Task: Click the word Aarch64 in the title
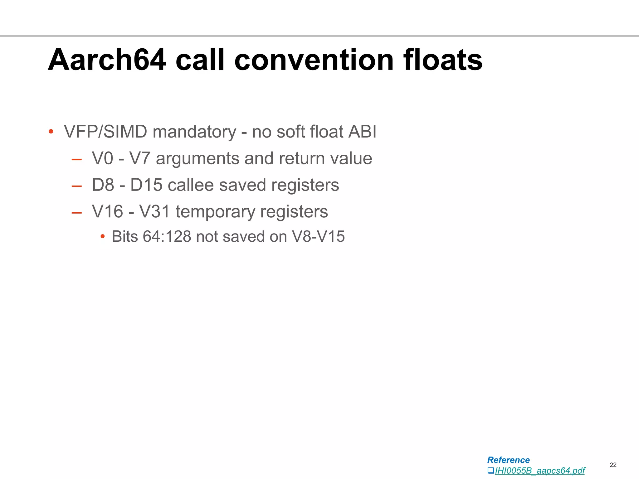107,60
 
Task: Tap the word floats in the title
443,60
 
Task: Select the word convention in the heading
314,60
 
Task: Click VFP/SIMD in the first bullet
105,132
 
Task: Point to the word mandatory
194,132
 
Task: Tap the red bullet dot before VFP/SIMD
51,132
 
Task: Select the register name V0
102,158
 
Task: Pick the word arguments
198,158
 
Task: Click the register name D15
146,185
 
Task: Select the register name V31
155,212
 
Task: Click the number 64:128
167,236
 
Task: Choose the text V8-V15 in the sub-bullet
318,236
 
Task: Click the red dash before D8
76,186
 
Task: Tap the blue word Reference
508,460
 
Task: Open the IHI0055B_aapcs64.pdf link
539,471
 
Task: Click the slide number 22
613,465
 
